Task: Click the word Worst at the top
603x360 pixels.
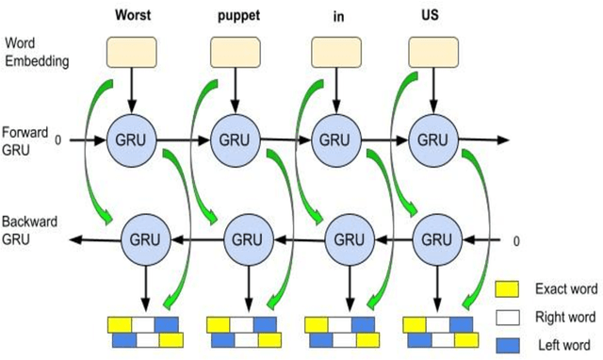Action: pos(135,15)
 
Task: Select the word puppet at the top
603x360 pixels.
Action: pos(236,15)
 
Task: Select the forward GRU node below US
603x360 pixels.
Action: pos(433,139)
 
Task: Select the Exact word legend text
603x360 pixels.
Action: pos(562,288)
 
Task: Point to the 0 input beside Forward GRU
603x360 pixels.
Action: pos(58,140)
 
